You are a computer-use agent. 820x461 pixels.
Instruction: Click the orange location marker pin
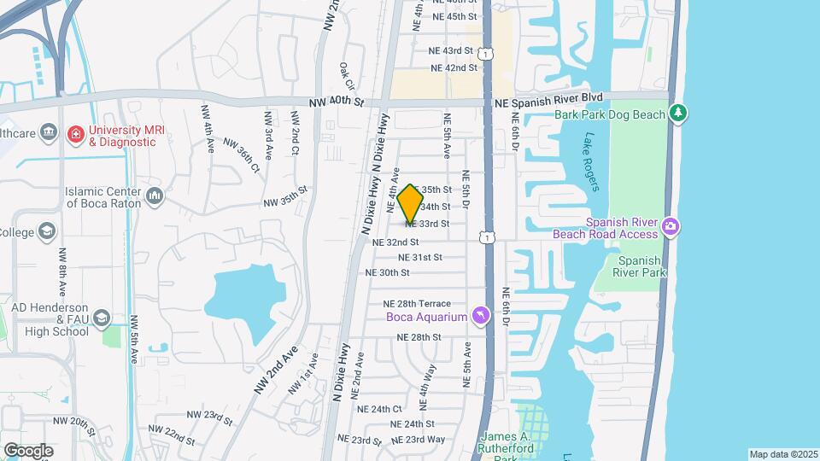[411, 203]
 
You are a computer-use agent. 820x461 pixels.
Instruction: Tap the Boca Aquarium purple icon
[481, 317]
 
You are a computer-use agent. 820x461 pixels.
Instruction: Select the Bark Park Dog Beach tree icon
[679, 113]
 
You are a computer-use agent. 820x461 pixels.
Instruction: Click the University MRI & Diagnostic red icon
[76, 134]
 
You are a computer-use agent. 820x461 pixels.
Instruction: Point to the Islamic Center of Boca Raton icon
[155, 197]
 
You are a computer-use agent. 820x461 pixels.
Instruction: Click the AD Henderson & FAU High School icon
[102, 318]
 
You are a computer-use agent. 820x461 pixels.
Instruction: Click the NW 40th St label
[337, 102]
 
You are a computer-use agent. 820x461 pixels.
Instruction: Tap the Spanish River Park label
[641, 266]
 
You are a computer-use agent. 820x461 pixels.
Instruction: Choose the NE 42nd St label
[454, 68]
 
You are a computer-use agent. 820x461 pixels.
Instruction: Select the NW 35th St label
[284, 196]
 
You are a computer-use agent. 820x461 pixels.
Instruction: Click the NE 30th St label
[388, 273]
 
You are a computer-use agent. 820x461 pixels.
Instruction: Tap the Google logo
[28, 450]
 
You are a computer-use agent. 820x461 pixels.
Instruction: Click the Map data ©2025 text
[783, 454]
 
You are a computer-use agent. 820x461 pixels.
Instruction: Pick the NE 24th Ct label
[379, 409]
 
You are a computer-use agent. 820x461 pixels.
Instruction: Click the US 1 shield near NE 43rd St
[486, 54]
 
